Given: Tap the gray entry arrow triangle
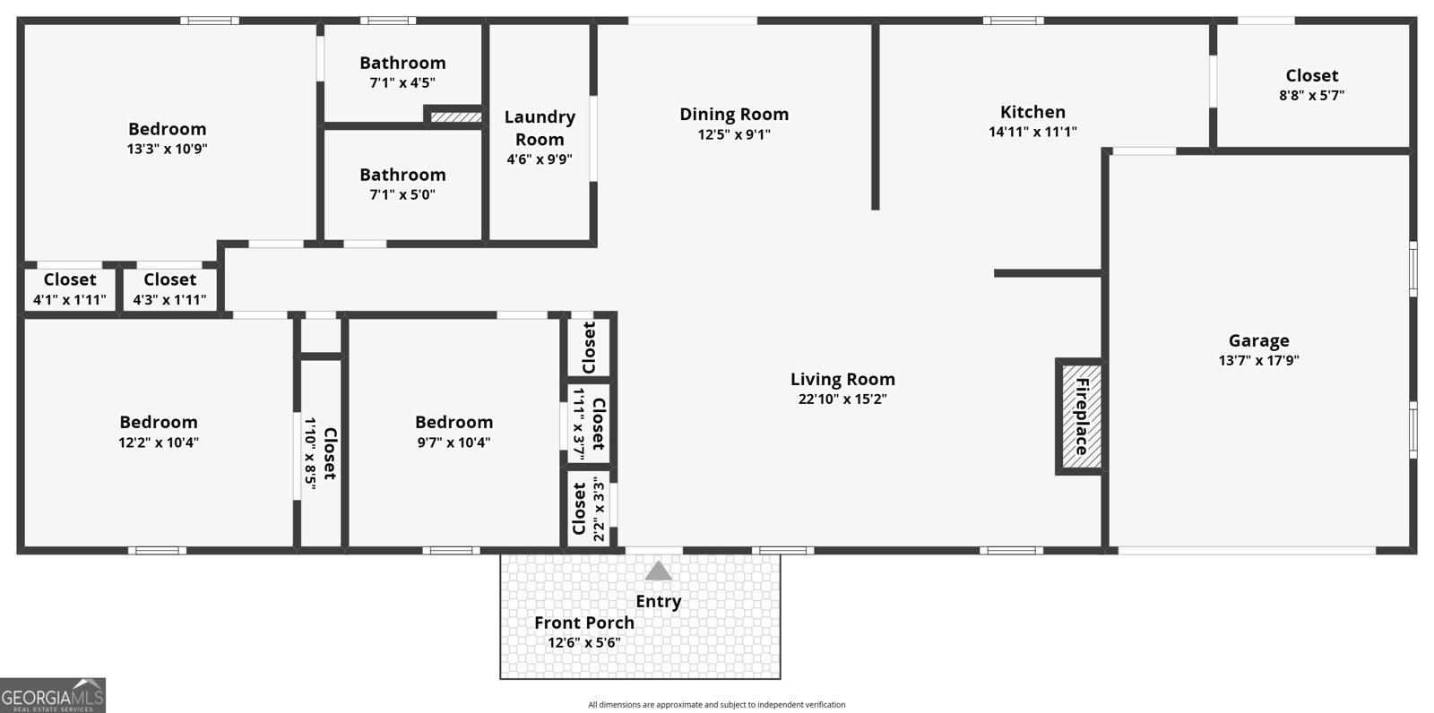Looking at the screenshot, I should tap(658, 571).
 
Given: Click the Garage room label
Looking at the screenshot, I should tap(1258, 340).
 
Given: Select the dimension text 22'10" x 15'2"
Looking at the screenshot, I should tap(842, 399).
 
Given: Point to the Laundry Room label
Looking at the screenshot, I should tap(540, 128).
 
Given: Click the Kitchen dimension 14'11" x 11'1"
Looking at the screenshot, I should tap(1032, 132).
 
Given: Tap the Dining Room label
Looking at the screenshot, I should tap(734, 114).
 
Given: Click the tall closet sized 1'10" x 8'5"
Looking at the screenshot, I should tap(321, 452).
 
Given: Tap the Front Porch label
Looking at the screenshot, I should tap(584, 623).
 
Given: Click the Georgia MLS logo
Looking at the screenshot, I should tap(53, 695).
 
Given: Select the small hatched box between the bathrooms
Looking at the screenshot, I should tap(455, 116).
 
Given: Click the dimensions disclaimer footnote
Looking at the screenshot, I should tap(716, 705).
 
